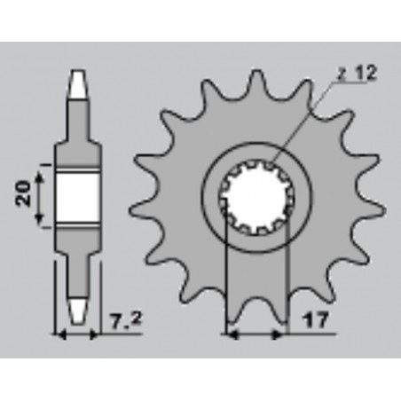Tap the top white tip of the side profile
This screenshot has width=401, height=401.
[x=76, y=86]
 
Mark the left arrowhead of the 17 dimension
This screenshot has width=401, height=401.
[x=232, y=334]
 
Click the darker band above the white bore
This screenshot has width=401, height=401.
[x=76, y=162]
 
